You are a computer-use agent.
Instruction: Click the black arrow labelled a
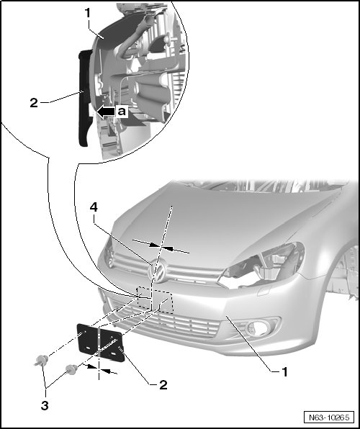(106, 112)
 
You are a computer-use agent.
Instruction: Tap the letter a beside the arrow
(122, 112)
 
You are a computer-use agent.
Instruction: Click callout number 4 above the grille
(94, 208)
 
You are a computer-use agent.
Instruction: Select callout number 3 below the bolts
(45, 405)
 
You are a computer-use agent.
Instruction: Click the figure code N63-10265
(329, 417)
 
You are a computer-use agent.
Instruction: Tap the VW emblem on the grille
(158, 271)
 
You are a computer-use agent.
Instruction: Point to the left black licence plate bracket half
(87, 338)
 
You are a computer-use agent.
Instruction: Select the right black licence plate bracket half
(112, 346)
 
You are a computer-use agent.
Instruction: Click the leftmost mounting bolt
(41, 360)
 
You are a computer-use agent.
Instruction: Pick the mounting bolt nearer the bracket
(71, 370)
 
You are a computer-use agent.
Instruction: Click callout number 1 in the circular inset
(88, 13)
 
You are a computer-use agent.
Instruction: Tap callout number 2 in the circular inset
(34, 103)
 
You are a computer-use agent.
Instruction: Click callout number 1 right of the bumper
(284, 372)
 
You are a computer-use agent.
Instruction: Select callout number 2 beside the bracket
(163, 385)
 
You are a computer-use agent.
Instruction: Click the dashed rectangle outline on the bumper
(156, 300)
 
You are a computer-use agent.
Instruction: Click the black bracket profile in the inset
(84, 98)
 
